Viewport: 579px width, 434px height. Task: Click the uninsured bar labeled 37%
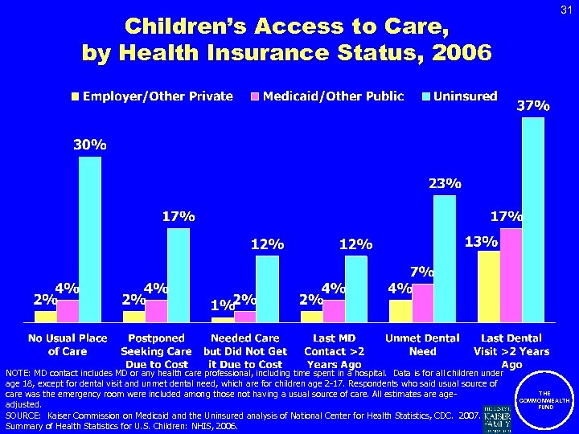point(532,220)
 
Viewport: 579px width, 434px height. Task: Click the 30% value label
point(90,145)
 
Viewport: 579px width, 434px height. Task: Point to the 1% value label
point(221,305)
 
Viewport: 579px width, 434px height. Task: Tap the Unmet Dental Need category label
point(422,345)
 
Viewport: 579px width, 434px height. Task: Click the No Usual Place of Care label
point(68,345)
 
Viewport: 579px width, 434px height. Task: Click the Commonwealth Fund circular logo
point(544,399)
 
